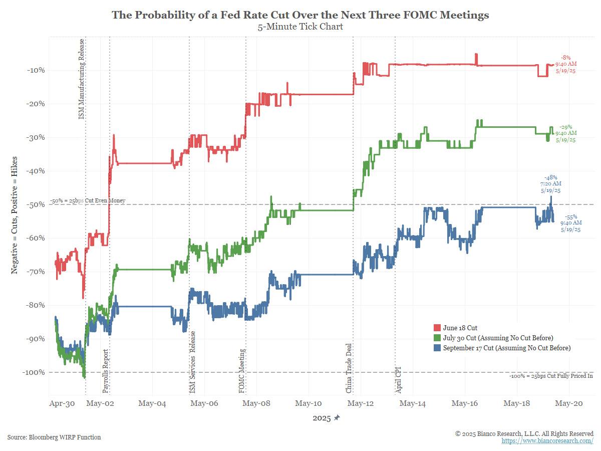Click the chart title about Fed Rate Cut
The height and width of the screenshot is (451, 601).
[300, 15]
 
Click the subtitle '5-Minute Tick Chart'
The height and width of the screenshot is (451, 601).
[300, 27]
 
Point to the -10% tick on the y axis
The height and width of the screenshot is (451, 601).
[36, 70]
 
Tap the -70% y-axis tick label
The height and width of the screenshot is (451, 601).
[36, 272]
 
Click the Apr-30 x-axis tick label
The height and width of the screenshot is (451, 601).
[62, 403]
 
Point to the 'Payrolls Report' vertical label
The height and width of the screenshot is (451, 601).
[105, 370]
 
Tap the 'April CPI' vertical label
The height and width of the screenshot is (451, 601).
[399, 380]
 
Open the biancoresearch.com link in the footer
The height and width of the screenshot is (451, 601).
[547, 440]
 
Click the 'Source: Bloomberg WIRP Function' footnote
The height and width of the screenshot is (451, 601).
[54, 437]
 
